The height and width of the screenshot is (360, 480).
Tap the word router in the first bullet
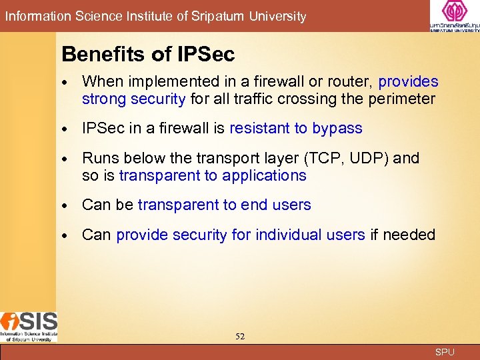click(348, 82)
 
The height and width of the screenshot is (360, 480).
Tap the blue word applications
click(264, 176)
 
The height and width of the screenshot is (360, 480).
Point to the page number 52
click(240, 337)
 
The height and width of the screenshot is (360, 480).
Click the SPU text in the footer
click(445, 352)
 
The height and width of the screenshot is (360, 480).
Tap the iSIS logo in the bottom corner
click(29, 325)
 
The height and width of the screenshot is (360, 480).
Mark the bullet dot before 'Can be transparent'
click(65, 206)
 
